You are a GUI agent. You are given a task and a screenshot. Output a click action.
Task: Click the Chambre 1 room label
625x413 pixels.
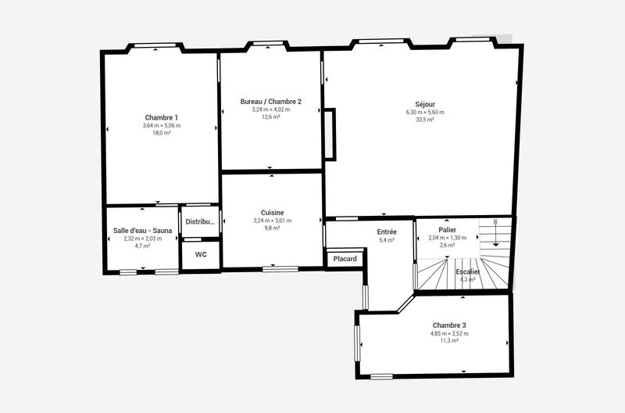pyautogui.click(x=161, y=117)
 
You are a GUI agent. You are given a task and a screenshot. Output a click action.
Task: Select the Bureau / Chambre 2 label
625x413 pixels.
pyautogui.click(x=270, y=102)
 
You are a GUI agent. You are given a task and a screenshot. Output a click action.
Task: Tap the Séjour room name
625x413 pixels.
pyautogui.click(x=425, y=104)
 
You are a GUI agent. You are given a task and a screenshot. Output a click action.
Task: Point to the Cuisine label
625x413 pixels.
pyautogui.click(x=272, y=213)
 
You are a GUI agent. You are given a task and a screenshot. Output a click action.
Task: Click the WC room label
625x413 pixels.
pyautogui.click(x=201, y=255)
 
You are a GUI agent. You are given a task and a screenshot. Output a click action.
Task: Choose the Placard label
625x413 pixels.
pyautogui.click(x=345, y=259)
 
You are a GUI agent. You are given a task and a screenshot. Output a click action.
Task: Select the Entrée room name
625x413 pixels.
pyautogui.click(x=387, y=232)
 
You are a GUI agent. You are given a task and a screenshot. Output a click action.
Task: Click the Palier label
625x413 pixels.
pyautogui.click(x=447, y=230)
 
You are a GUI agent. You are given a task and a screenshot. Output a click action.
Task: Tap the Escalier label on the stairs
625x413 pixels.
pyautogui.click(x=468, y=271)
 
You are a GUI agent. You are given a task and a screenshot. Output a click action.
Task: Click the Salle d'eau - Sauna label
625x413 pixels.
pyautogui.click(x=142, y=230)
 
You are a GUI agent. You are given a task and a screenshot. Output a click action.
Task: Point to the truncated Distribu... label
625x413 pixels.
pyautogui.click(x=200, y=222)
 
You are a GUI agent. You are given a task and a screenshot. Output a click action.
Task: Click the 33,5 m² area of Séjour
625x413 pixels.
pyautogui.click(x=425, y=120)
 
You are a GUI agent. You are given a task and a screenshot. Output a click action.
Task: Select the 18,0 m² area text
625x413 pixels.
pyautogui.click(x=161, y=133)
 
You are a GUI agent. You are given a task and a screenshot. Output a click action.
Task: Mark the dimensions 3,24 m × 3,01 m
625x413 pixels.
pyautogui.click(x=272, y=221)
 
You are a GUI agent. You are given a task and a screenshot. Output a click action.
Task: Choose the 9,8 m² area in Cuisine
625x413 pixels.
pyautogui.click(x=272, y=228)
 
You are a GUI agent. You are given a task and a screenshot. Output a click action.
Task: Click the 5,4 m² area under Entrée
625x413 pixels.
pyautogui.click(x=387, y=240)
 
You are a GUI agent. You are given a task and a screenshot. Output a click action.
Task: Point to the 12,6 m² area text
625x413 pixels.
pyautogui.click(x=270, y=117)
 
